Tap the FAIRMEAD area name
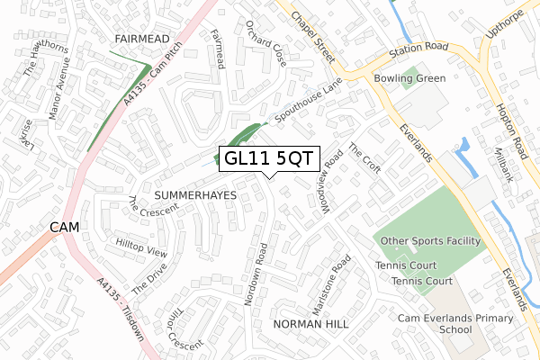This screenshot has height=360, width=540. pyautogui.click(x=143, y=40)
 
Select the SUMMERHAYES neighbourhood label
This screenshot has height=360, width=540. pyautogui.click(x=194, y=194)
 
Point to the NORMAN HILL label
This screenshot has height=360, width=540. pyautogui.click(x=310, y=323)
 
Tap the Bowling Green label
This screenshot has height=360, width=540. pyautogui.click(x=409, y=78)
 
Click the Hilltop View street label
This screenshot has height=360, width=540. pyautogui.click(x=141, y=247)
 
